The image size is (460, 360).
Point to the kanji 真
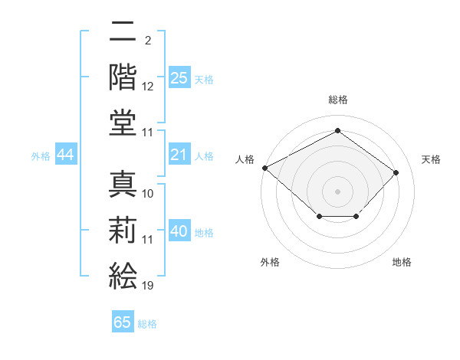click(123, 184)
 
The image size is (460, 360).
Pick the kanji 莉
click(123, 230)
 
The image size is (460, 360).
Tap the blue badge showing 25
click(179, 78)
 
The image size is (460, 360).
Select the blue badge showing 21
click(179, 155)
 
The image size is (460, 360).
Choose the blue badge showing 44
click(66, 155)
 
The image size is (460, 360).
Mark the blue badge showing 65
click(123, 322)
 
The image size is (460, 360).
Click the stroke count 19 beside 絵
click(147, 286)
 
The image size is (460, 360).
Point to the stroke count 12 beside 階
click(148, 87)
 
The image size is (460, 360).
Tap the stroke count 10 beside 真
click(148, 194)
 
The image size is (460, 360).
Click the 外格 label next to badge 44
click(41, 156)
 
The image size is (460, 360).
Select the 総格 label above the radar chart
click(337, 100)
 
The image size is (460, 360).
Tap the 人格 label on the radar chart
click(245, 159)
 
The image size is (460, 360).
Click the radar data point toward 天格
click(396, 173)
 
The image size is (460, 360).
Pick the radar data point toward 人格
click(264, 167)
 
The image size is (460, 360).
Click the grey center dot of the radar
click(337, 191)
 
